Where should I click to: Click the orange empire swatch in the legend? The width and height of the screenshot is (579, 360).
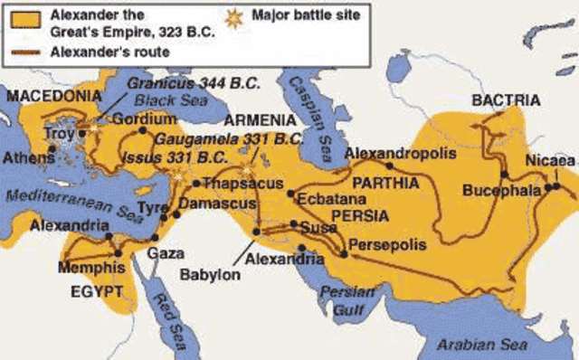pos(24,17)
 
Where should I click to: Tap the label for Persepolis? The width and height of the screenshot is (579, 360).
pos(382,245)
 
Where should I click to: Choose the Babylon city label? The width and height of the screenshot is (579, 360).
pos(211,275)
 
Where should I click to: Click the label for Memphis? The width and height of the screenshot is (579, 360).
pos(91,269)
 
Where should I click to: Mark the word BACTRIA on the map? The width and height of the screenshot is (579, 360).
pos(506,100)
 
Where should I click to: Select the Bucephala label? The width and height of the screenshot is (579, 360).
pos(501,191)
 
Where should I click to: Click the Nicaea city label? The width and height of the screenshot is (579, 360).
pos(550,160)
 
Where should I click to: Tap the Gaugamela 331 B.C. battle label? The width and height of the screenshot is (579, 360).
pos(227,139)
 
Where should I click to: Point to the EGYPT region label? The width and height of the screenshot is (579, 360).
pos(96,292)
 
